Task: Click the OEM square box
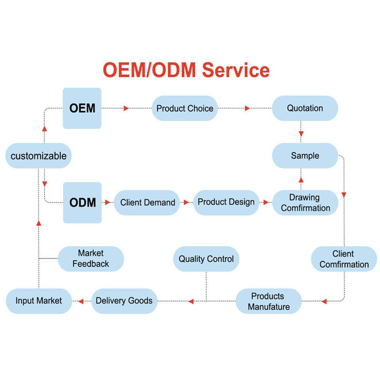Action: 82,108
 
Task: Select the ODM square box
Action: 82,203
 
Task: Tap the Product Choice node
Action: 185,108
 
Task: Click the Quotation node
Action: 304,108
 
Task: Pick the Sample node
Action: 304,156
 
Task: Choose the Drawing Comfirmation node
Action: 305,203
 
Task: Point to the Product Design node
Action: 226,202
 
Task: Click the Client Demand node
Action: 147,203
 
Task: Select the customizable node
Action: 38,156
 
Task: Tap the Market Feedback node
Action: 91,259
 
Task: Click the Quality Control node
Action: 206,259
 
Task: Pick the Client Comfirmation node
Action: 344,259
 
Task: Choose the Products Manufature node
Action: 269,301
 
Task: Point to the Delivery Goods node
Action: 124,301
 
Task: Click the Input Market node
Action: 38,301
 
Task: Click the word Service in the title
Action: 236,71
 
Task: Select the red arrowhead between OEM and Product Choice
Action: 126,108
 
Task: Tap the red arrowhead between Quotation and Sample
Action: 301,134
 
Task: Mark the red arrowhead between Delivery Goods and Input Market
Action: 81,301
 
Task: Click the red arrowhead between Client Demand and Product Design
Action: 186,202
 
